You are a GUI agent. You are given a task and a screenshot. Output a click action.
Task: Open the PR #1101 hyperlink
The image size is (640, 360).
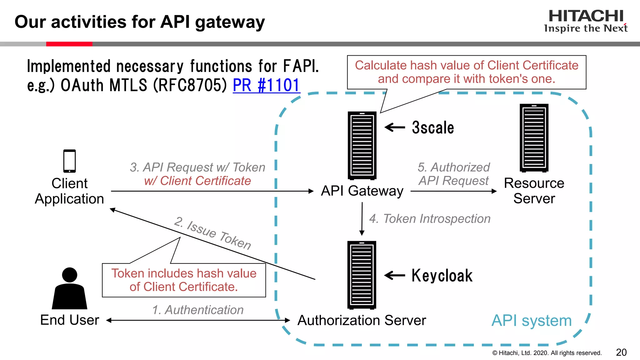[x=266, y=85]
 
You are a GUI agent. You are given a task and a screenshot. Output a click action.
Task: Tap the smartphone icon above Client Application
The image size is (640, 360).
[x=69, y=161]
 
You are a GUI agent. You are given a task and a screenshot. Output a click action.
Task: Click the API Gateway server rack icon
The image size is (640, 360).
[x=362, y=146]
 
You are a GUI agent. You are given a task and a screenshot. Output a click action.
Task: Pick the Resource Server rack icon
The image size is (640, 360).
[x=534, y=138]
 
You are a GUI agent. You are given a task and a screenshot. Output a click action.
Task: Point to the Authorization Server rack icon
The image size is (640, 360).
[x=362, y=275]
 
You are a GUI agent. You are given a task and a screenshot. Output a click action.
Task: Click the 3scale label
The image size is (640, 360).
[x=433, y=127]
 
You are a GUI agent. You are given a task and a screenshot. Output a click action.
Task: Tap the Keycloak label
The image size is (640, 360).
[x=442, y=276]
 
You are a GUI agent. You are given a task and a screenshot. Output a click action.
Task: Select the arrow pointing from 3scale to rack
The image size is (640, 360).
[x=395, y=127]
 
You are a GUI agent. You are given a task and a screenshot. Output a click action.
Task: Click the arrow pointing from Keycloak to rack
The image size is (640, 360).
[x=394, y=275]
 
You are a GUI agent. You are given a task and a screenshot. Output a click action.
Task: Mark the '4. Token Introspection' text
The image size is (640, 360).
[x=430, y=219]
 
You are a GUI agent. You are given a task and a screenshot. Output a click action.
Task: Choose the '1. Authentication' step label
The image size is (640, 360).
[x=198, y=310]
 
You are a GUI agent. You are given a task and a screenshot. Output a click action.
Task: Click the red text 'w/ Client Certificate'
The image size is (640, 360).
[x=197, y=181]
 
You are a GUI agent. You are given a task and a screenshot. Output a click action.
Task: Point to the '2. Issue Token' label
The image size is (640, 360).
[x=212, y=233]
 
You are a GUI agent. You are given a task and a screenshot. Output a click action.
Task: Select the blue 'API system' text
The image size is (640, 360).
[x=531, y=321]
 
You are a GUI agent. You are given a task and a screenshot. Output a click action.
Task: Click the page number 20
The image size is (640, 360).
[x=621, y=352]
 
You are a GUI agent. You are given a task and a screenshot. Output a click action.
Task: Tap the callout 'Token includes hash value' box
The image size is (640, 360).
[x=184, y=280]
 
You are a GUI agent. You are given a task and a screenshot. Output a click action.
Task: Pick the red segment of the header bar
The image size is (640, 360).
[x=69, y=44]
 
